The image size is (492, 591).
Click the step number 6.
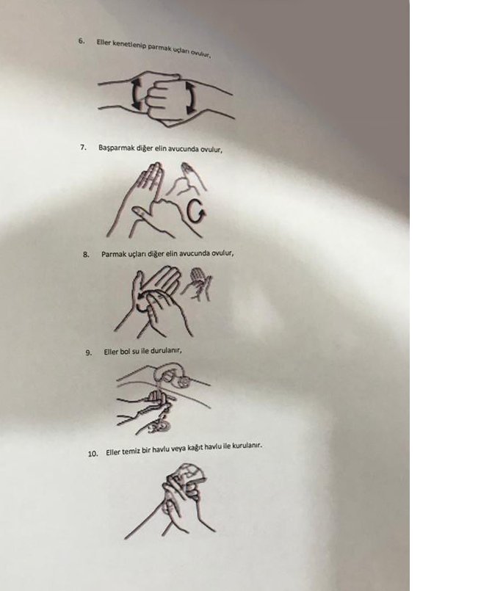pos(82,40)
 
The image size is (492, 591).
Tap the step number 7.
pos(83,147)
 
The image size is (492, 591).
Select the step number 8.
pos(86,255)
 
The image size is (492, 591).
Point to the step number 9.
pos(89,353)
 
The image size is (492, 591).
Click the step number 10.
pos(93,454)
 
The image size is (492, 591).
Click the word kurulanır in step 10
pos(247,446)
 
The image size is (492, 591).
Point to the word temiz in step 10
pos(131,452)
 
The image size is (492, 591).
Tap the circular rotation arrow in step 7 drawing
pos(197,212)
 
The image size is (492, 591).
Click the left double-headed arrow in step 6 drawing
pos(137,94)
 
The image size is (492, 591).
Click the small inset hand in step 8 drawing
pos(198,283)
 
